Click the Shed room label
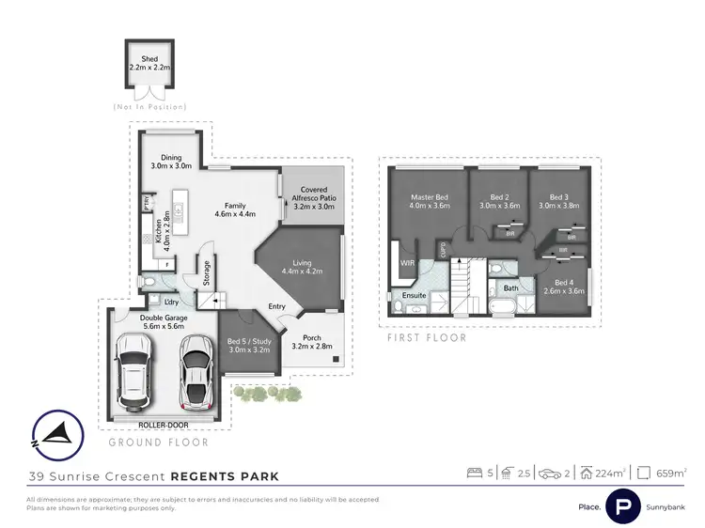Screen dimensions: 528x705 point(150,62)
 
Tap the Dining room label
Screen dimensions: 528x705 point(171,163)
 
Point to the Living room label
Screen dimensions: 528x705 point(302,268)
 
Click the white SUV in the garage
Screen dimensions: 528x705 point(133,374)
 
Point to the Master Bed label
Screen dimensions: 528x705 point(429,201)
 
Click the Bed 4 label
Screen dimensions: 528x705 point(563,287)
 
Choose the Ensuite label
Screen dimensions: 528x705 point(414,296)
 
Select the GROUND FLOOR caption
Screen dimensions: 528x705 point(158,442)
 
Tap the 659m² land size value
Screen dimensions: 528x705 point(669,473)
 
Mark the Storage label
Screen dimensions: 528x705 point(207,272)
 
